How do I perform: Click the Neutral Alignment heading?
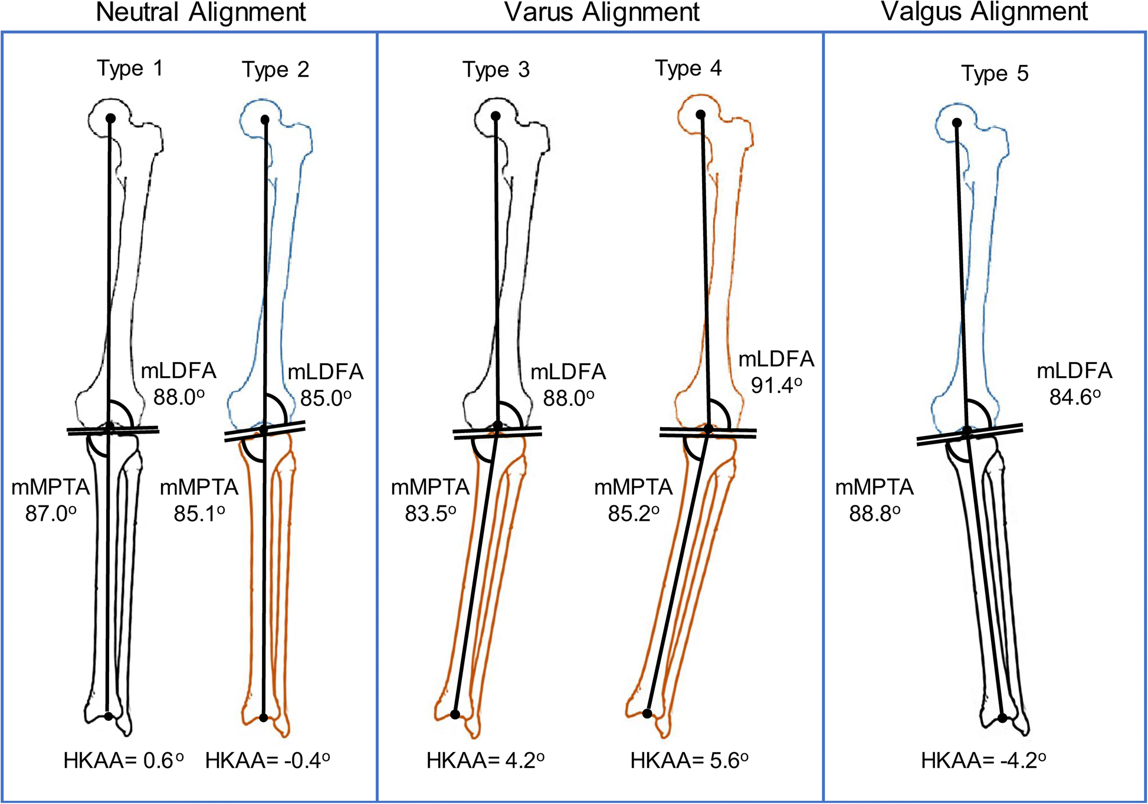pyautogui.click(x=201, y=12)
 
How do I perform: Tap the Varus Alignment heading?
pyautogui.click(x=602, y=12)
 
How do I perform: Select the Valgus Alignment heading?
pyautogui.click(x=984, y=12)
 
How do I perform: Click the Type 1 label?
pyautogui.click(x=130, y=68)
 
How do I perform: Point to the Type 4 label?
pyautogui.click(x=688, y=68)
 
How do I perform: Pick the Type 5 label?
pyautogui.click(x=995, y=74)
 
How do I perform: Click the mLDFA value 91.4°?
pyautogui.click(x=776, y=385)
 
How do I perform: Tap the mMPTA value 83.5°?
pyautogui.click(x=430, y=514)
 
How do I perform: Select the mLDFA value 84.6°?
pyautogui.click(x=1074, y=397)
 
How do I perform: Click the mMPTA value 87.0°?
pyautogui.click(x=51, y=514)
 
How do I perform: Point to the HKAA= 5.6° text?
pyautogui.click(x=689, y=761)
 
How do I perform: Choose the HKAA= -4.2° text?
pyautogui.click(x=983, y=761)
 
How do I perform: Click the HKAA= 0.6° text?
pyautogui.click(x=123, y=761)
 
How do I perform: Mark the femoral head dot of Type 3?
pyautogui.click(x=496, y=116)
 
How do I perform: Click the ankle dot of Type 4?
pyautogui.click(x=647, y=714)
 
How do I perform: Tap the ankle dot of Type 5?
pyautogui.click(x=1002, y=718)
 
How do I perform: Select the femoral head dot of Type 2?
pyautogui.click(x=265, y=120)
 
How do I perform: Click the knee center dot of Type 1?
pyautogui.click(x=109, y=426)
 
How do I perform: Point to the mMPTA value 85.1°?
pyautogui.click(x=199, y=514)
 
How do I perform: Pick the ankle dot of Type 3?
pyautogui.click(x=455, y=714)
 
